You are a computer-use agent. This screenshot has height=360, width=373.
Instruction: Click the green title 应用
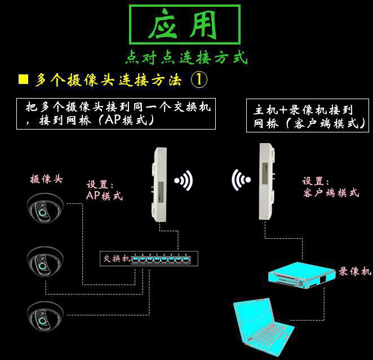pyautogui.click(x=184, y=25)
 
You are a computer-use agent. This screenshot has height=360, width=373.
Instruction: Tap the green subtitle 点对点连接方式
pyautogui.click(x=186, y=57)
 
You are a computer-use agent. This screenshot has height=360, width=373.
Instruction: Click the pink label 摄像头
pyautogui.click(x=46, y=180)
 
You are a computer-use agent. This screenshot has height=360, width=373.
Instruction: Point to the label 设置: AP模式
pyautogui.click(x=104, y=190)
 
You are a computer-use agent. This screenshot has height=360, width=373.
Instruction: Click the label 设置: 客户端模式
pyautogui.click(x=330, y=187)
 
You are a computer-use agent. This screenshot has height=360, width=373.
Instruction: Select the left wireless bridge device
pyautogui.click(x=160, y=183)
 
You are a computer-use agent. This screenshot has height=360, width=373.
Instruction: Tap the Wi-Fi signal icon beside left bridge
pyautogui.click(x=184, y=181)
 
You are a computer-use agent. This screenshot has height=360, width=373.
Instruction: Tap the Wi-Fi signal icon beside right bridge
pyautogui.click(x=242, y=180)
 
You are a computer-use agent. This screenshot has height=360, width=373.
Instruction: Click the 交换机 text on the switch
pyautogui.click(x=117, y=259)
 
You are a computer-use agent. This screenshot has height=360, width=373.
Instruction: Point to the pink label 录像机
pyautogui.click(x=355, y=272)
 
